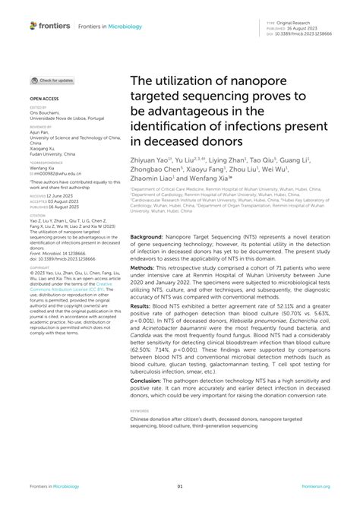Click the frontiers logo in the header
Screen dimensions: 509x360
[50, 26]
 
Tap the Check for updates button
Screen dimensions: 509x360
[52, 80]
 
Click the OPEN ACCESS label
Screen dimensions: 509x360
[43, 99]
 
